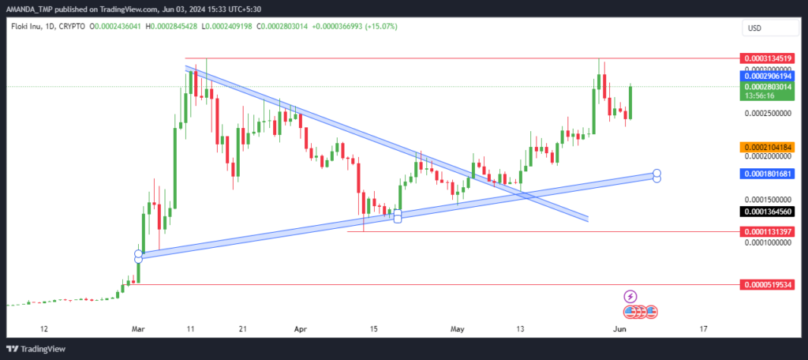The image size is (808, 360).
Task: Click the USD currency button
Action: tap(770, 28)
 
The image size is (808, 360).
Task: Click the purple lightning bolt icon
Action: tap(630, 296)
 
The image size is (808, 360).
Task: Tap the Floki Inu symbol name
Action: tap(24, 26)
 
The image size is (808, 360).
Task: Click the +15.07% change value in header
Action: tap(381, 26)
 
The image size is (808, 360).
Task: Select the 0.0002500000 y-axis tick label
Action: tap(767, 112)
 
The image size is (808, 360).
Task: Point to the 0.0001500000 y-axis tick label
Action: tap(767, 199)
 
